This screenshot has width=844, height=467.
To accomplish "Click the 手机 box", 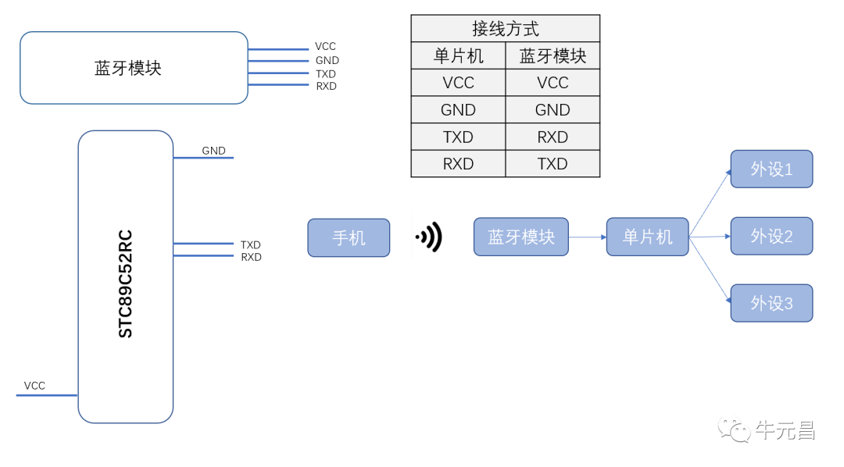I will pos(349,237).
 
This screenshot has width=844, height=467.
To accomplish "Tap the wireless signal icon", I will pos(429,237).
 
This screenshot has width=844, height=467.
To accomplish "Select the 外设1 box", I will pos(771,169).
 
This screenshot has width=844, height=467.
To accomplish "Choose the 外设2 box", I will pos(771,236).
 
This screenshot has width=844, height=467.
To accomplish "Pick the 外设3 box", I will pos(771,303).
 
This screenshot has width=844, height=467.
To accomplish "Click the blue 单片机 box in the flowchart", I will pos(647,237).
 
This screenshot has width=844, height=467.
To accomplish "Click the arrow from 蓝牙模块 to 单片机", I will pos(587,237).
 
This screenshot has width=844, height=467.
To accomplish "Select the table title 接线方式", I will pos(506,29).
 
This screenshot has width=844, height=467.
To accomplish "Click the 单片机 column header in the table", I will pos(459,56).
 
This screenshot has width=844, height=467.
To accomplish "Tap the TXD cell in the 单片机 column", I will pos(458,137).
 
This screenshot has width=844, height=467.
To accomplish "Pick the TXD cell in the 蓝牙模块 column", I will pos(553,164).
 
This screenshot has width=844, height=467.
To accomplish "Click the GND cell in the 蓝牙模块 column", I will pos(553,110).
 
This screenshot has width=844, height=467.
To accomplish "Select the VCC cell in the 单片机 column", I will pos(458,83).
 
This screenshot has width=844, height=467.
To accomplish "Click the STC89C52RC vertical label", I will pos(126,283).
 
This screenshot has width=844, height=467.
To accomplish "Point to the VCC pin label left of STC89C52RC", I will pos(34,386).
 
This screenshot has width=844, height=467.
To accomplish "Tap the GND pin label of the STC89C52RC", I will pos(213,151).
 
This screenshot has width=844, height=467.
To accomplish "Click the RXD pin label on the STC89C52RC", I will pos(251,257).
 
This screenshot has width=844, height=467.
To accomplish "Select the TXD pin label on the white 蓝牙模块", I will pos(326,73).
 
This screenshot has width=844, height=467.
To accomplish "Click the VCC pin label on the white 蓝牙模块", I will pos(326,47).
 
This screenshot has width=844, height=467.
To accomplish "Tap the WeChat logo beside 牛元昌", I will pos(735,430).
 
